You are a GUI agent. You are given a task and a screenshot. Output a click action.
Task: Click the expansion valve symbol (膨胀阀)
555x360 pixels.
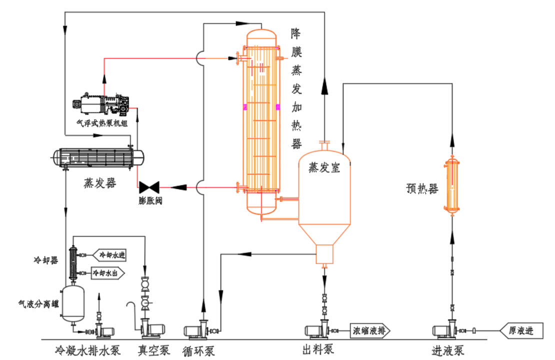149,187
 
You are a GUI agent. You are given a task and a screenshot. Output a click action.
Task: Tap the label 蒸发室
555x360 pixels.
324,168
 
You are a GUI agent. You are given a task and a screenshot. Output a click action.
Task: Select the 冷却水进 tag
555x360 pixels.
111,255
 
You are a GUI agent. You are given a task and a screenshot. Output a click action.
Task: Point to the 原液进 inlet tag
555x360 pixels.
520,330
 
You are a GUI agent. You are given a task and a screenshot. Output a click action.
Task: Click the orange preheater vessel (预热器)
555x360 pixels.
452,185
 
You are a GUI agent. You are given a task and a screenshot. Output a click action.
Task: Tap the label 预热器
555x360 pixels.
422,189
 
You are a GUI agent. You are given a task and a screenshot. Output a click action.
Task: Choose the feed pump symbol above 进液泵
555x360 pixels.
446,330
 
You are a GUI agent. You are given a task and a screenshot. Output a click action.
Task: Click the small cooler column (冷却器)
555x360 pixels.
72,262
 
